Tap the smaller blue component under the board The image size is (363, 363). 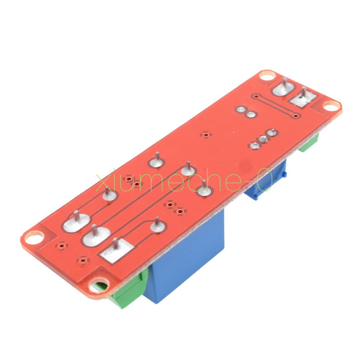click(266, 181)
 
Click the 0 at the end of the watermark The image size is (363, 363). click(265, 179)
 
